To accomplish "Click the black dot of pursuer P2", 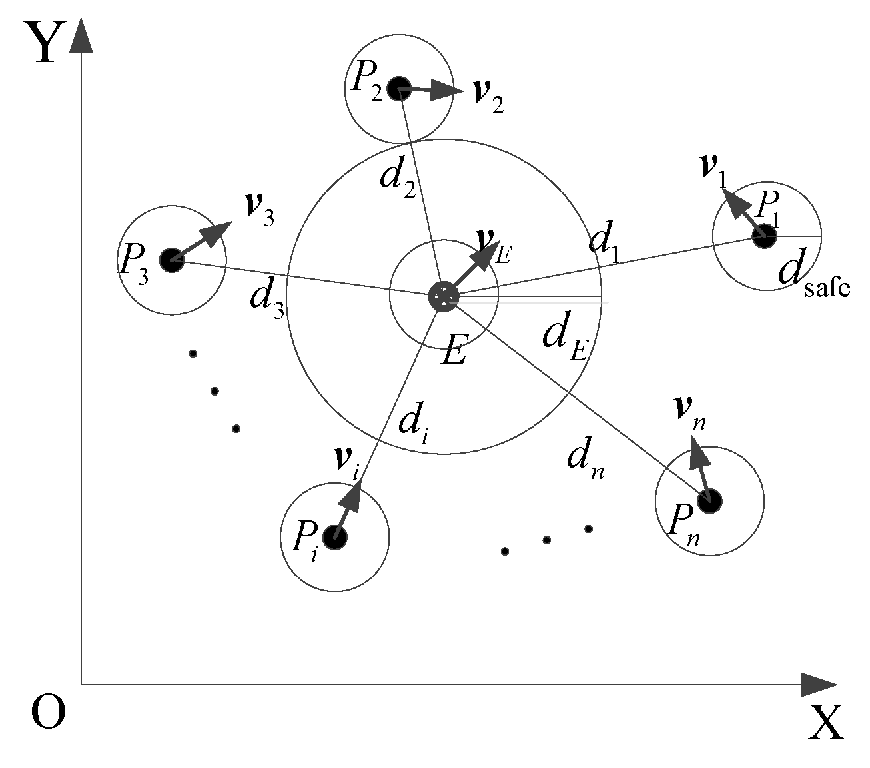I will (x=398, y=87).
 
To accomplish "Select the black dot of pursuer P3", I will (x=172, y=260).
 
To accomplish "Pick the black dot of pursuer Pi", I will (x=334, y=537).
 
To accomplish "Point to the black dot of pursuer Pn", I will (x=709, y=500).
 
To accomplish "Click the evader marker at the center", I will (x=442, y=296).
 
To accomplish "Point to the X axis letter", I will (x=825, y=722).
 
